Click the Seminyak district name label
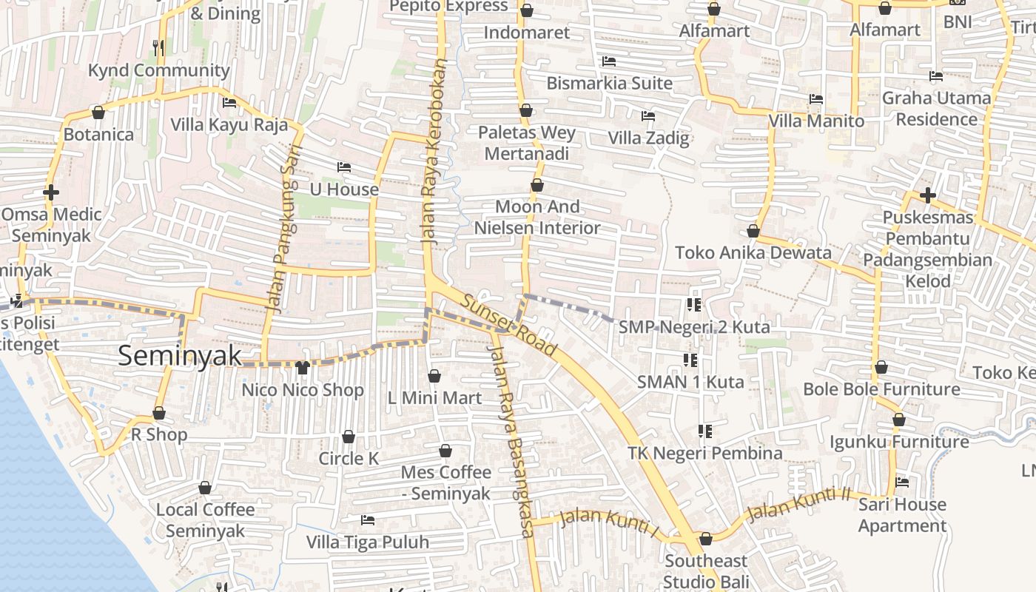coord(180,356)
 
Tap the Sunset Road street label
coord(509,324)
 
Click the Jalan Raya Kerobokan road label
coord(434,152)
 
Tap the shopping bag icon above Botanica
coord(98,112)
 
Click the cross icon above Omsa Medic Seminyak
coord(51,192)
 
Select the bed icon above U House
coord(344,167)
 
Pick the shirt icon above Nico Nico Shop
coord(302,368)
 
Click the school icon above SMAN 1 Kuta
coord(690,360)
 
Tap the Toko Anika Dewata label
coord(753,253)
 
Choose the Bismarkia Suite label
coord(609,83)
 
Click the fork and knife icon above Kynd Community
coord(158,48)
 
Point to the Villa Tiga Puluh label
coord(368,542)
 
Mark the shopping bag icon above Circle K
coord(349,437)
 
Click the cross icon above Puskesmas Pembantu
coord(928,195)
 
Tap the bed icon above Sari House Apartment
coord(902,482)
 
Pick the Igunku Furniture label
coord(899,442)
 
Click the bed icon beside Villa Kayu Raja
coord(229,103)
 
